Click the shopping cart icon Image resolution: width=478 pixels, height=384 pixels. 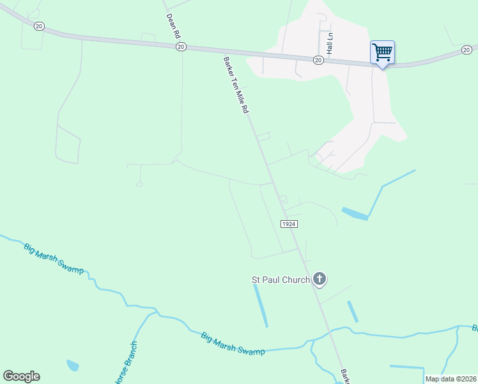tap(382, 52)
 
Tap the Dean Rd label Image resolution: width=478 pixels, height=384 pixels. tap(170, 25)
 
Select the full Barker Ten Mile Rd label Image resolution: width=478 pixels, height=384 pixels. tap(235, 85)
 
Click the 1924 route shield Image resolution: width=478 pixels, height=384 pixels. tap(289, 224)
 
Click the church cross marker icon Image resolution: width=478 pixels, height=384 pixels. tap(320, 279)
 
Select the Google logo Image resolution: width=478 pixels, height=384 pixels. tap(21, 376)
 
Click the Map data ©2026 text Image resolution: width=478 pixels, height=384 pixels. tap(451, 379)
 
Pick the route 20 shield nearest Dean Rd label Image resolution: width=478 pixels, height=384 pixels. tap(181, 47)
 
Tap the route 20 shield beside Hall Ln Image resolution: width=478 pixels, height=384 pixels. tap(318, 60)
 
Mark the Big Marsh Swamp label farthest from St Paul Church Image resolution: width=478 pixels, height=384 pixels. tap(54, 259)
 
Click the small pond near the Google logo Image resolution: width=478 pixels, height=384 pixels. tap(72, 365)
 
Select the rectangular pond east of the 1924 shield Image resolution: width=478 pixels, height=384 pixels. tap(355, 214)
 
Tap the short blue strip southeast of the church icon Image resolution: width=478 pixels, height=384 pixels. tap(352, 312)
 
